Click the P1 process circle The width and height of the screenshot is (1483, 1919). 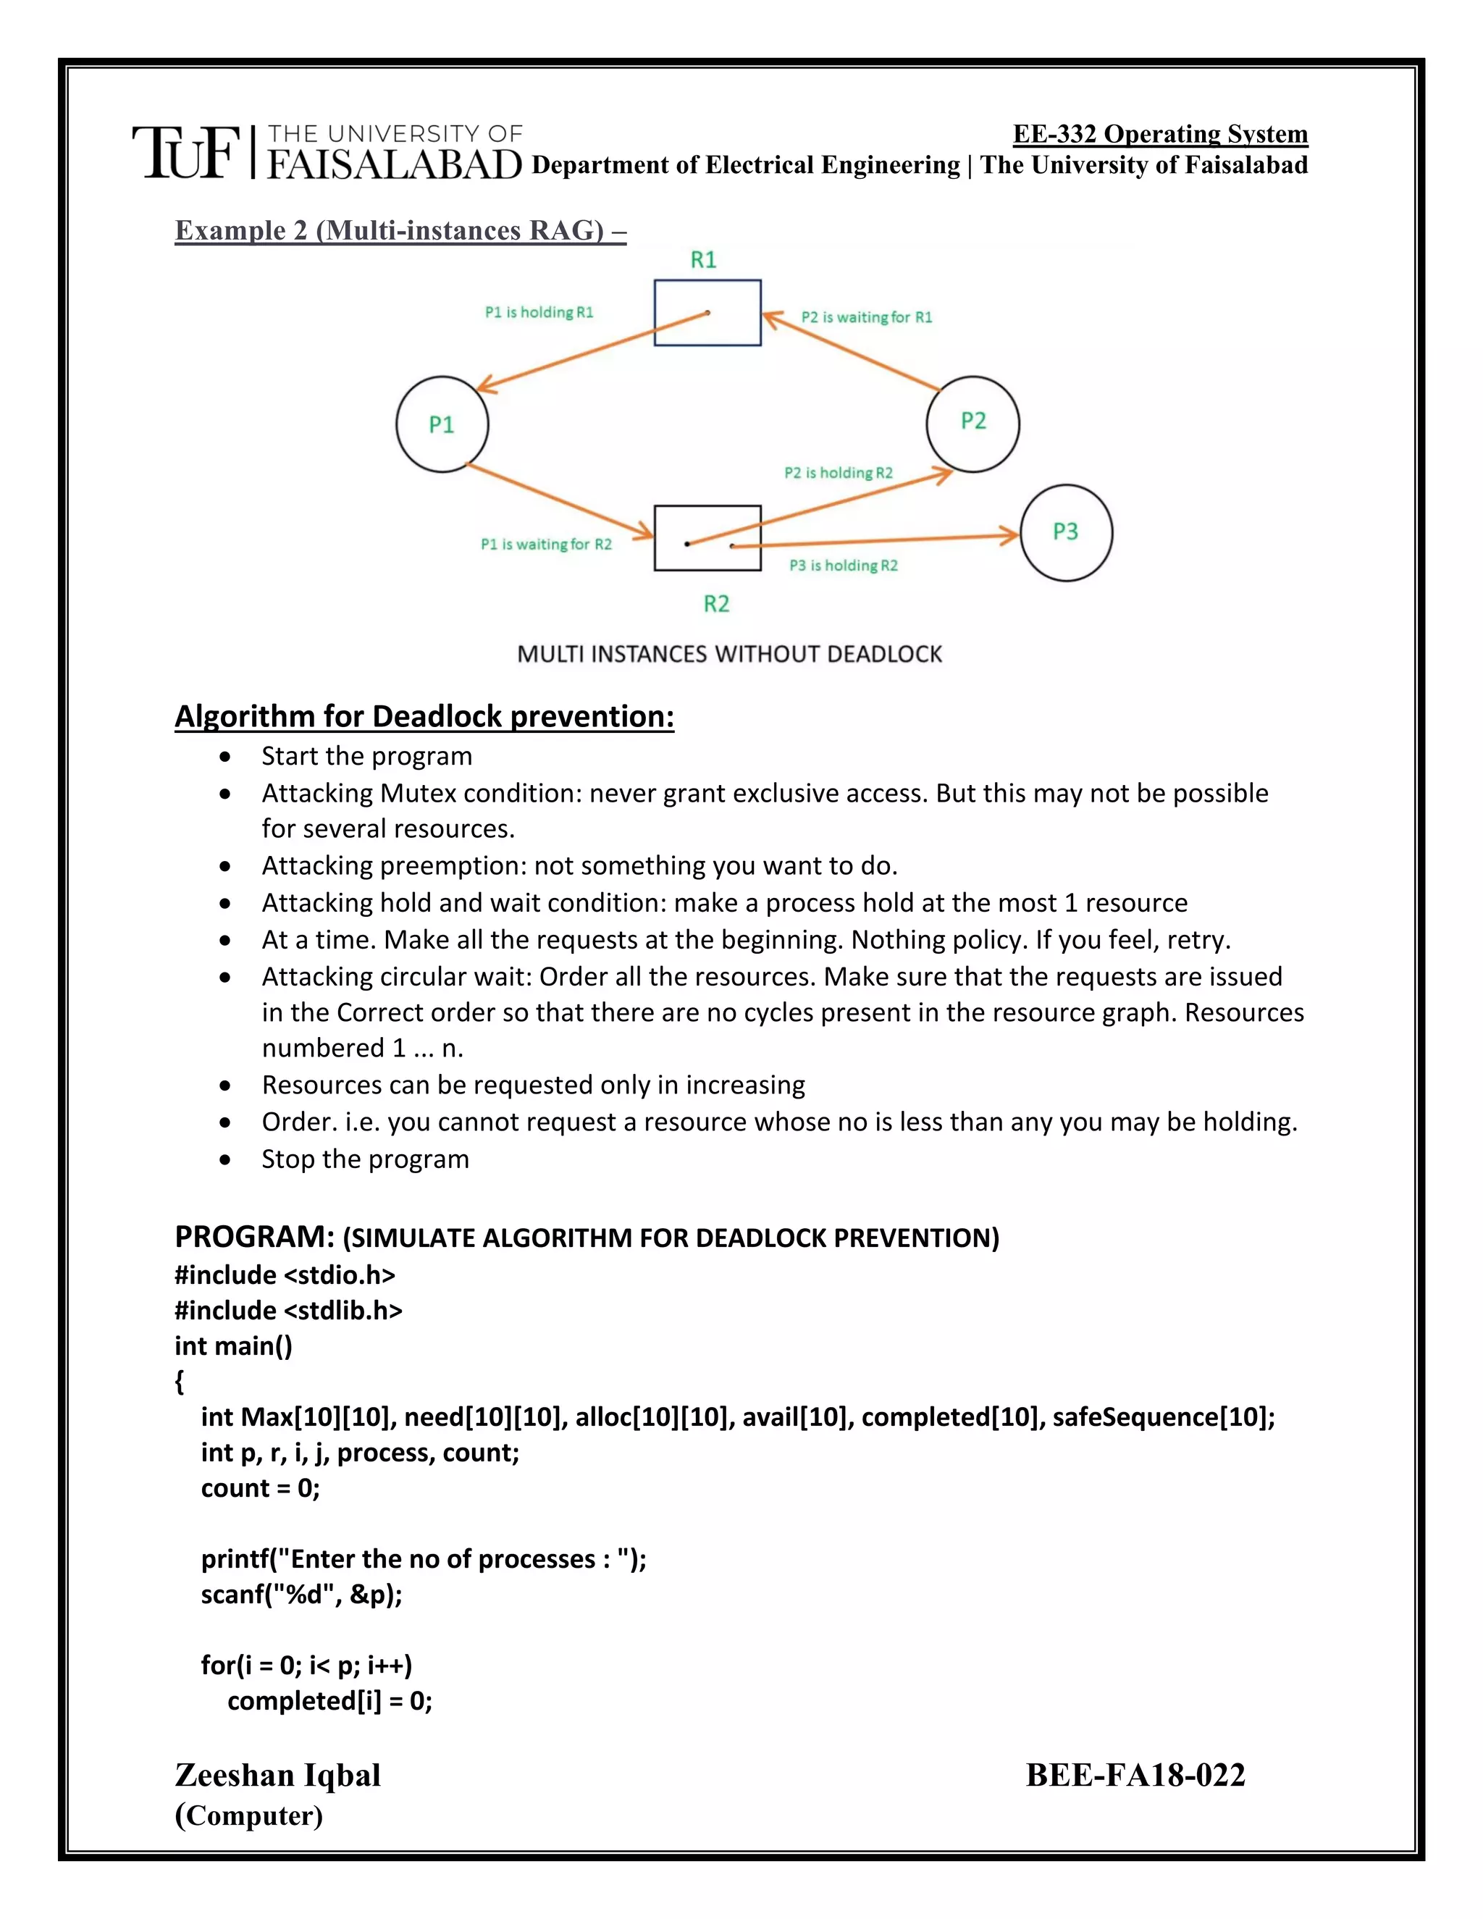(x=442, y=424)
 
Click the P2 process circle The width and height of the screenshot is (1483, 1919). (x=972, y=423)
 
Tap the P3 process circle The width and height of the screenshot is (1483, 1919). (x=1066, y=532)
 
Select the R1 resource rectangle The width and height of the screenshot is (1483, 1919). (x=707, y=313)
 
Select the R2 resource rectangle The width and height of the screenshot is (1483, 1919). (x=707, y=538)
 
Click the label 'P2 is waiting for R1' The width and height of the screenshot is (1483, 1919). (x=866, y=317)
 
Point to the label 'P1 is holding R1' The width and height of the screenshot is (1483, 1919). (x=539, y=312)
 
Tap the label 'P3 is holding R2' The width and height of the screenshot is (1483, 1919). (x=844, y=566)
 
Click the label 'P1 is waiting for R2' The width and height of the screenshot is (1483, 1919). (x=545, y=545)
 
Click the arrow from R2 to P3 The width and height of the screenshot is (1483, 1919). (x=878, y=540)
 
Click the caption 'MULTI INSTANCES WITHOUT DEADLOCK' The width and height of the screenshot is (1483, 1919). (x=729, y=655)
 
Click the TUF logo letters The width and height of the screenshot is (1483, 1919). (x=185, y=153)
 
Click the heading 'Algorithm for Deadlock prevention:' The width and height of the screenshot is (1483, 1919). (x=424, y=716)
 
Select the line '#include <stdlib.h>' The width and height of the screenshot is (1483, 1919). (x=288, y=1310)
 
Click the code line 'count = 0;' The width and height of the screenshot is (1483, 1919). (x=260, y=1487)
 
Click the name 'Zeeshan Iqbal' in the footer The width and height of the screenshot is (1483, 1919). (x=277, y=1775)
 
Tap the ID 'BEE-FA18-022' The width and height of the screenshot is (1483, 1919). (x=1135, y=1775)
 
